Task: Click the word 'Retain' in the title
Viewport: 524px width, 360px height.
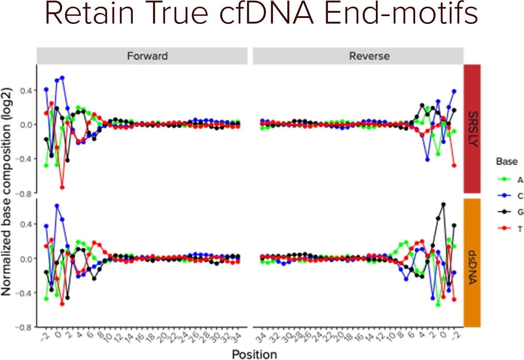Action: point(89,13)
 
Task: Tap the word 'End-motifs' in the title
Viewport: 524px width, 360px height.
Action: point(401,13)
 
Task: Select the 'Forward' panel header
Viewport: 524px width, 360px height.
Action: point(147,56)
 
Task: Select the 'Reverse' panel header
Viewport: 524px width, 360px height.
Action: point(369,56)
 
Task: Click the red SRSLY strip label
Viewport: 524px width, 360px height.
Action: point(472,129)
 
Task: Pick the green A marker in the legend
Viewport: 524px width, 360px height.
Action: point(504,179)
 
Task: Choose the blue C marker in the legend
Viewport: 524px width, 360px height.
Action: point(504,196)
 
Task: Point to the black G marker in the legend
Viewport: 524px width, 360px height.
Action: point(504,212)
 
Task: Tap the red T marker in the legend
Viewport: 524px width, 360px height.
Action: point(504,228)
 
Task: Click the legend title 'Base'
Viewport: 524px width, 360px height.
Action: point(506,161)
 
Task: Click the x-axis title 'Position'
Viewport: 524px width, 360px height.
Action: point(254,354)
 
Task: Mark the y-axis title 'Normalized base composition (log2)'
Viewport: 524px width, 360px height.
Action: point(7,192)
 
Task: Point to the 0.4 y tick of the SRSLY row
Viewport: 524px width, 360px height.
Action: point(26,90)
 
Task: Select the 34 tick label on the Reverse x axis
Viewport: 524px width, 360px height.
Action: point(261,338)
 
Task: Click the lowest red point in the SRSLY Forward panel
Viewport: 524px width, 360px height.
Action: point(62,187)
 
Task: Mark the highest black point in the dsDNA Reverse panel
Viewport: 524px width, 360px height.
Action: point(444,204)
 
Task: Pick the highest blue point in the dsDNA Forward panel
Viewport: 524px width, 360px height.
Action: point(57,206)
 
